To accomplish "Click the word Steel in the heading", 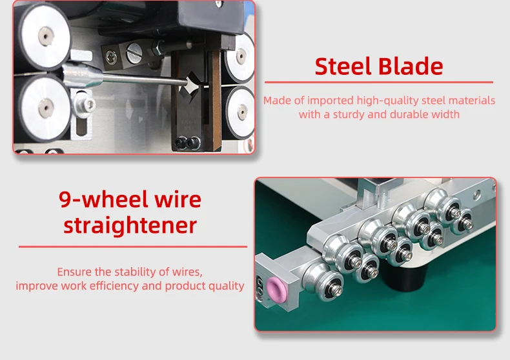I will click(x=342, y=66).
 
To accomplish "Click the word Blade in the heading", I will click(x=411, y=66).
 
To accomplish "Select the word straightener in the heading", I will click(x=130, y=225).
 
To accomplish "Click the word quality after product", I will click(x=225, y=285).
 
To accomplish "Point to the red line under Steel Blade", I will click(x=379, y=83).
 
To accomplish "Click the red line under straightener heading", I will click(x=133, y=246).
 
